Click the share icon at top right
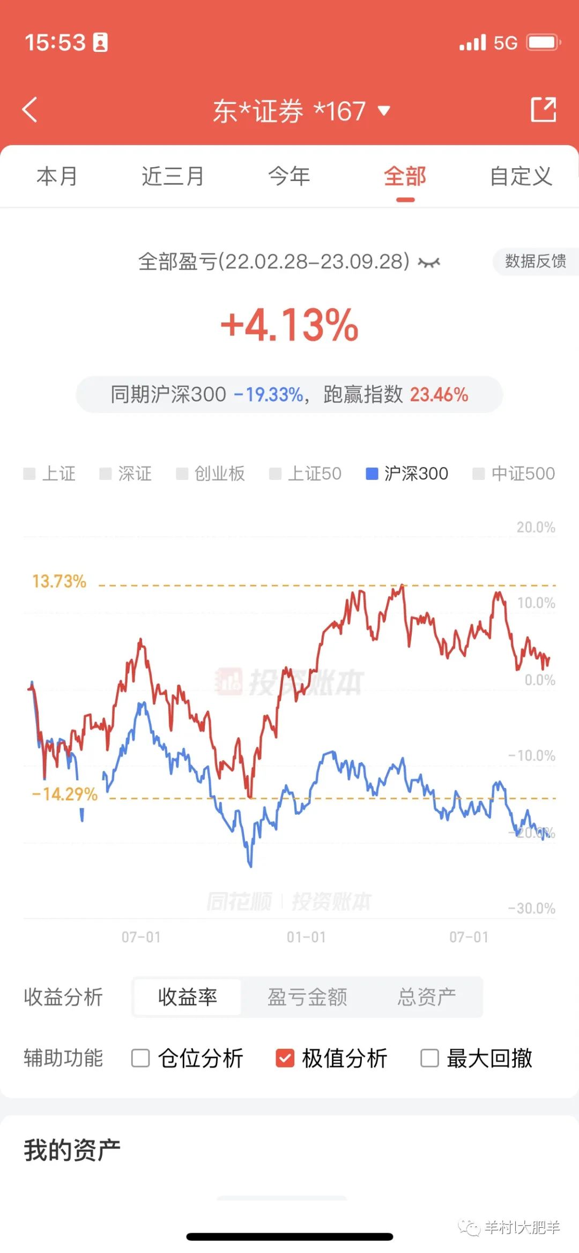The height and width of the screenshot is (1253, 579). pos(543,110)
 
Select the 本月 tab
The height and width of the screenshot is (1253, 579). pos(57,176)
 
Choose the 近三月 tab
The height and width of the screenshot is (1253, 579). pos(173,176)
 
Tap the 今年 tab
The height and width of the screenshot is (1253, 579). pos(289,176)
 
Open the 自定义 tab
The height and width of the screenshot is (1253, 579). pos(521,176)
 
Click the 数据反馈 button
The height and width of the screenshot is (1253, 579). pos(535,261)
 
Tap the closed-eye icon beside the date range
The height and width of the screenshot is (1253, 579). pos(429,262)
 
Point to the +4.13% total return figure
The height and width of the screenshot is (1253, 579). pos(289,325)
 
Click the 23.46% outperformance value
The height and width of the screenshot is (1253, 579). pos(439,395)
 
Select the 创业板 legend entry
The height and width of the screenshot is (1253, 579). pos(211,474)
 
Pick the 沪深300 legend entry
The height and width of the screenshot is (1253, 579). pos(407,474)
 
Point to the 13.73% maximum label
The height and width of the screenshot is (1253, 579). pos(59,581)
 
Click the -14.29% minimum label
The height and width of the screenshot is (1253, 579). pos(65,794)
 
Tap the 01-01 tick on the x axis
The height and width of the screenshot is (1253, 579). pos(306,937)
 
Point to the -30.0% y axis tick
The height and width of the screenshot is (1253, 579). pos(531,909)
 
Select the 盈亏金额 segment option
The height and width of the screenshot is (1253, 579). pos(307,997)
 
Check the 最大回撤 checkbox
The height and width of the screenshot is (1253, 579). pos(429,1058)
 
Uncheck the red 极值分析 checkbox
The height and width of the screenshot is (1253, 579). pos(285,1058)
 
